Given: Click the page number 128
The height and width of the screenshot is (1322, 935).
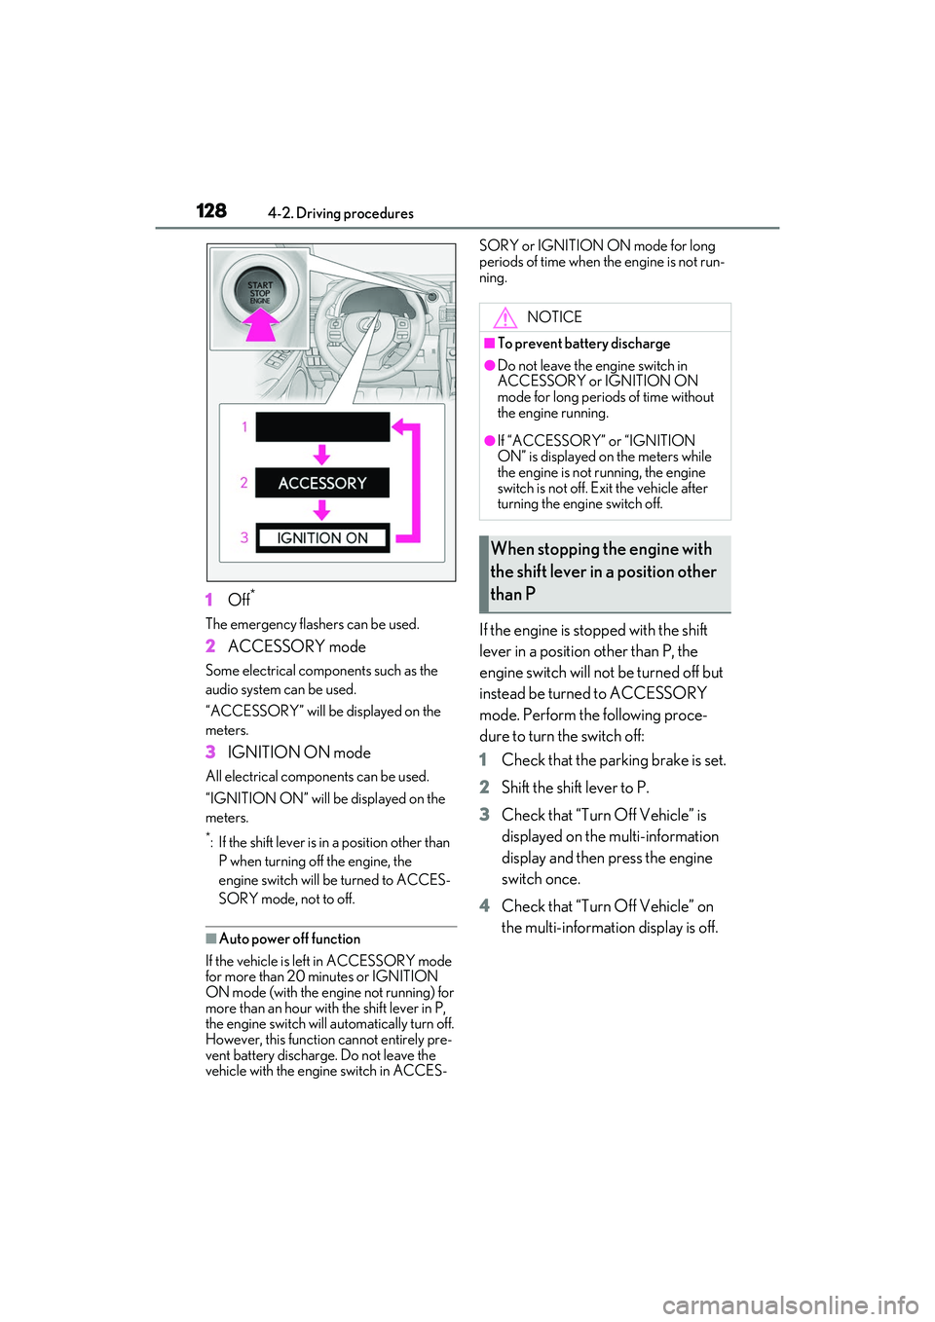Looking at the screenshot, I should coord(211,210).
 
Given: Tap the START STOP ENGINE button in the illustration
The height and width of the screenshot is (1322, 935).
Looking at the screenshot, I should coord(260,291).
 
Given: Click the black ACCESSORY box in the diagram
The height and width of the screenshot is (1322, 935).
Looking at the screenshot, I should coord(322,483).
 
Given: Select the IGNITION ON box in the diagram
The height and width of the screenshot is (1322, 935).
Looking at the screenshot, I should coord(322,538).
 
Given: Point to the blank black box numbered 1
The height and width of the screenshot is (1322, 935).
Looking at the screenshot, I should coord(322,426).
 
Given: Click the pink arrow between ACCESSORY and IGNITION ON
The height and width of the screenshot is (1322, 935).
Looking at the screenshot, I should coord(321,510).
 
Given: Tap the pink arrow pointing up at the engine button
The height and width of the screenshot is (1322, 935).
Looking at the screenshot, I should coord(260,324).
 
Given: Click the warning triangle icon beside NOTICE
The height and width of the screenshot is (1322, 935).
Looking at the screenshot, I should coord(505,317).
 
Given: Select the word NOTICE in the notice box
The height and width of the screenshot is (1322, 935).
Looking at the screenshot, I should coord(554,317).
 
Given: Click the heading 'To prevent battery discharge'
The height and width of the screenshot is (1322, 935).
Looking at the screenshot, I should coord(583,344).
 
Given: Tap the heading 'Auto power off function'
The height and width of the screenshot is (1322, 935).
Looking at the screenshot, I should coord(289,939).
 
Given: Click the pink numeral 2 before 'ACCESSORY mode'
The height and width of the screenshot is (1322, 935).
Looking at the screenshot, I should coord(210,646).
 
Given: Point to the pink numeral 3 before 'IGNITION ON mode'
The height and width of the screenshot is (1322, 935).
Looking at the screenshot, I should coord(210,753).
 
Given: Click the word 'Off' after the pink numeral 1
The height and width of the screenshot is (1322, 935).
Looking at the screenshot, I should coord(239,600).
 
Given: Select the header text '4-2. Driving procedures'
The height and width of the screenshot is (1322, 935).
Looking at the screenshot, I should coord(341,213).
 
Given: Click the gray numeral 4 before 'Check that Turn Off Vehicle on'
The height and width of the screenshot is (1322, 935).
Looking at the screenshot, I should coord(484,906).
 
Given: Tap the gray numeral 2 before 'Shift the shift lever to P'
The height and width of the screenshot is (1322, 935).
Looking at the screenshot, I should coord(484,788).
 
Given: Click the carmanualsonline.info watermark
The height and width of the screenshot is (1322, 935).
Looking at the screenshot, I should coord(790,1304).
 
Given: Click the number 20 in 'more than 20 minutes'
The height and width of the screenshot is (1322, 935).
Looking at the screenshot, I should coord(295,976).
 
